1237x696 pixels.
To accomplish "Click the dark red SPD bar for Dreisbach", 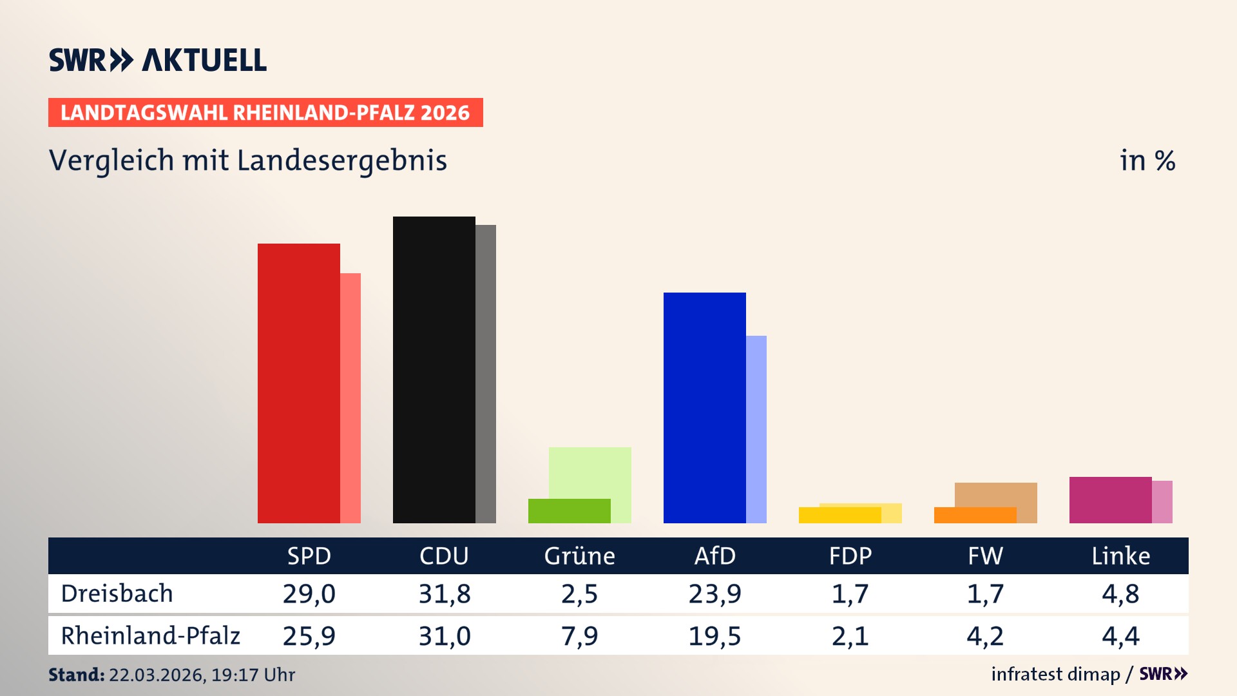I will pyautogui.click(x=298, y=383).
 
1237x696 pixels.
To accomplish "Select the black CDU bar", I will pyautogui.click(x=434, y=370).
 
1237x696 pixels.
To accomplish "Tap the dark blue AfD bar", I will pyautogui.click(x=704, y=408).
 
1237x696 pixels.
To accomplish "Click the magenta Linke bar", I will pyautogui.click(x=1110, y=500).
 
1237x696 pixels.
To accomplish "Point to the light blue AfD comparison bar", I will pyautogui.click(x=756, y=429).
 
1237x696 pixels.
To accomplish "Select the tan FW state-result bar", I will pyautogui.click(x=996, y=494).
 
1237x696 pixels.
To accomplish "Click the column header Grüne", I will pyautogui.click(x=579, y=556).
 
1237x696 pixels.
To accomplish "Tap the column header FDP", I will pyautogui.click(x=850, y=556).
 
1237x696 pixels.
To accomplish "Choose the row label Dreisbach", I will pyautogui.click(x=117, y=594).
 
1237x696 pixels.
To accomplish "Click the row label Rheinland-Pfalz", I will pyautogui.click(x=150, y=636).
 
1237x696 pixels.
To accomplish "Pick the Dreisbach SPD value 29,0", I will pyautogui.click(x=309, y=594).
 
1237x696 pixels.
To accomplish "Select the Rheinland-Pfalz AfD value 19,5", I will pyautogui.click(x=714, y=636).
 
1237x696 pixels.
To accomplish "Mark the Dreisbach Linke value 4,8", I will pyautogui.click(x=1120, y=594).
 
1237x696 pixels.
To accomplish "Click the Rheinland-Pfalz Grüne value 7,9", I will pyautogui.click(x=579, y=636).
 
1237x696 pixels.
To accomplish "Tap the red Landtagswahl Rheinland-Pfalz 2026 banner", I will pyautogui.click(x=265, y=113).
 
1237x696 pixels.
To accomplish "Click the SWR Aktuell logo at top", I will pyautogui.click(x=157, y=60).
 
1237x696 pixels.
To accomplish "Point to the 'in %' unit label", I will pyautogui.click(x=1147, y=160).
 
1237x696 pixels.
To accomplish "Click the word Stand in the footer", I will pyautogui.click(x=76, y=675).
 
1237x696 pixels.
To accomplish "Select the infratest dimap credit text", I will pyautogui.click(x=1055, y=674).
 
